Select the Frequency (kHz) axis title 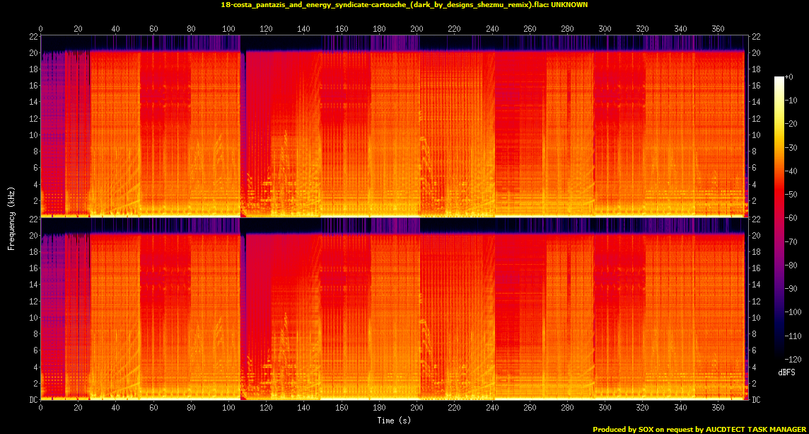(11, 217)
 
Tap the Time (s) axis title (395, 421)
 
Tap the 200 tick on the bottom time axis (417, 409)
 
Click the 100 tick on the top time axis (228, 29)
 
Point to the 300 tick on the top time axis (605, 29)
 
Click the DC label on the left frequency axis (34, 399)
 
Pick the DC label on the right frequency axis (756, 399)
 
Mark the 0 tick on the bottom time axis (41, 409)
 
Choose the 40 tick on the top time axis (116, 29)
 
